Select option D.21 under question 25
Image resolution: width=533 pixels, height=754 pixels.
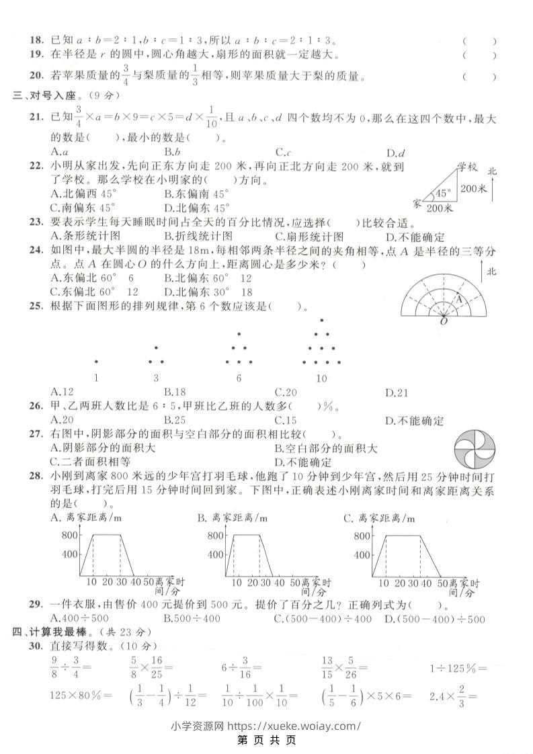396,392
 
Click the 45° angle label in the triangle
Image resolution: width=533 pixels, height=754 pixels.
442,193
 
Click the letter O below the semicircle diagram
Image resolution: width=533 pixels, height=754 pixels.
444,322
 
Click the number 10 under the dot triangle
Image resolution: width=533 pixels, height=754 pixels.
321,378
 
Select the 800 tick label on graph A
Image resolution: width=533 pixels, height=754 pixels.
69,535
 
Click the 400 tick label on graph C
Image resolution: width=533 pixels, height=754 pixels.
360,554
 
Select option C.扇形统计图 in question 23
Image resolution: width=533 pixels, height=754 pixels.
309,236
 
